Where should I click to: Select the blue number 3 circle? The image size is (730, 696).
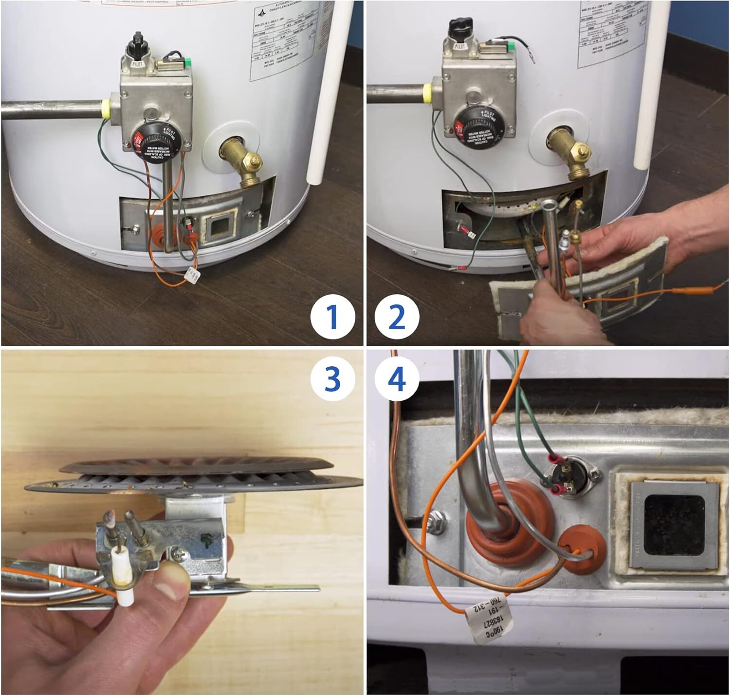332,378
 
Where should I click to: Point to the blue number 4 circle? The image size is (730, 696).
397,378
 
